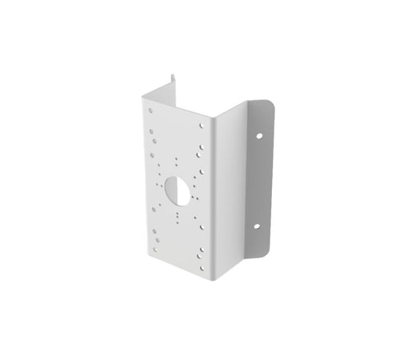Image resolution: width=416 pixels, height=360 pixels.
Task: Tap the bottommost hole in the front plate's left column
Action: tap(153, 249)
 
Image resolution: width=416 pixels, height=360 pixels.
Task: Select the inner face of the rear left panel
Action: tap(160, 92)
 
